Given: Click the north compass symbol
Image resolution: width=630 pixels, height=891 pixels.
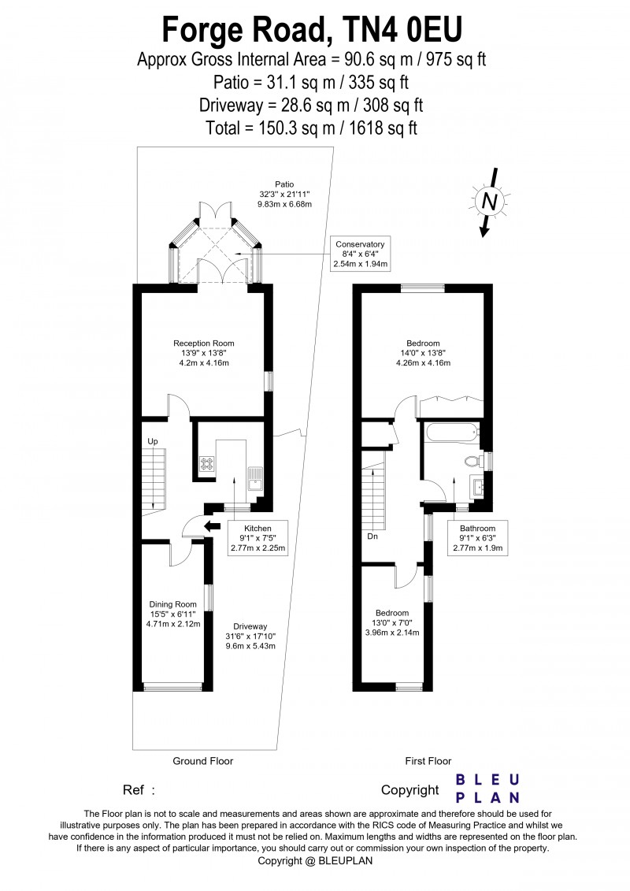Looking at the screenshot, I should coord(489,202).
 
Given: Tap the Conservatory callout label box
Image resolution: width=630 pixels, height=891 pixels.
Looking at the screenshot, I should coord(361,253).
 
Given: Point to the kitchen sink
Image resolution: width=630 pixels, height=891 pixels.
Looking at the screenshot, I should coord(256,477).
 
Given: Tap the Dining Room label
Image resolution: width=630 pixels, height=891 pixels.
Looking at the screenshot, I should coord(172,614).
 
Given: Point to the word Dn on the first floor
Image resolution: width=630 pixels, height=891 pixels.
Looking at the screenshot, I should coord(372,536).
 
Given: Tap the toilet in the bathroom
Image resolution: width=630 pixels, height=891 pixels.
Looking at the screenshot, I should coord(473,462).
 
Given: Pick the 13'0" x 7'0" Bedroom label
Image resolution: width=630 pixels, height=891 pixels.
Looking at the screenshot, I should coord(391,622).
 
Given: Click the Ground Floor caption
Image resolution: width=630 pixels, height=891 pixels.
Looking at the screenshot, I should coord(203,761).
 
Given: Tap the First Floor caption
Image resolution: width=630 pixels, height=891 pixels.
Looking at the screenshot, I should coord(428,761).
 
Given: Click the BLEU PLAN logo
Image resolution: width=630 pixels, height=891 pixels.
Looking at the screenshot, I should coord(488,788).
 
